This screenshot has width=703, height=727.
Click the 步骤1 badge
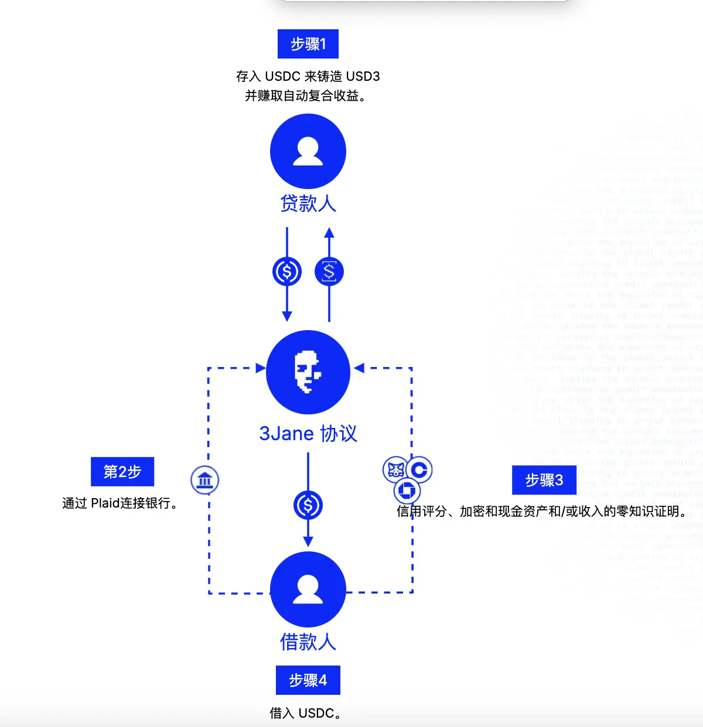tap(308, 44)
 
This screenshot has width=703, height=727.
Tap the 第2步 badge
tap(122, 472)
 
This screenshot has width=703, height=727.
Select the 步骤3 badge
tap(544, 481)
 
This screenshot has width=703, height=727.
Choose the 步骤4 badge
tap(308, 680)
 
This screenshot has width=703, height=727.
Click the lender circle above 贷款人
tap(308, 152)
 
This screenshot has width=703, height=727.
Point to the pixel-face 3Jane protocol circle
tap(308, 372)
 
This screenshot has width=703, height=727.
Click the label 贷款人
tap(308, 204)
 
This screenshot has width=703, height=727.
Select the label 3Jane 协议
tap(308, 434)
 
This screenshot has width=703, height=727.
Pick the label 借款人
tap(308, 642)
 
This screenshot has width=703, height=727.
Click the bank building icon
tap(205, 481)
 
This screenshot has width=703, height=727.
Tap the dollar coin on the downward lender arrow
tap(287, 272)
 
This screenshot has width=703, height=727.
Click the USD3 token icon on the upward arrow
tap(329, 272)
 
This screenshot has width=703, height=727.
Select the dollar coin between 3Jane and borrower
tap(308, 505)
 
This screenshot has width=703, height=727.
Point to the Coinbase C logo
tap(419, 469)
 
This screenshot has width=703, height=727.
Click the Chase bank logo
tap(407, 490)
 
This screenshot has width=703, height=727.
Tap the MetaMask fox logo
tap(395, 469)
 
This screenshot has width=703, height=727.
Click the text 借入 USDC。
tap(305, 713)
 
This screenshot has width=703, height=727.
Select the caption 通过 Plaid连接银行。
tap(121, 503)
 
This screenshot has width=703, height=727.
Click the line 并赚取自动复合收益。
tap(306, 96)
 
